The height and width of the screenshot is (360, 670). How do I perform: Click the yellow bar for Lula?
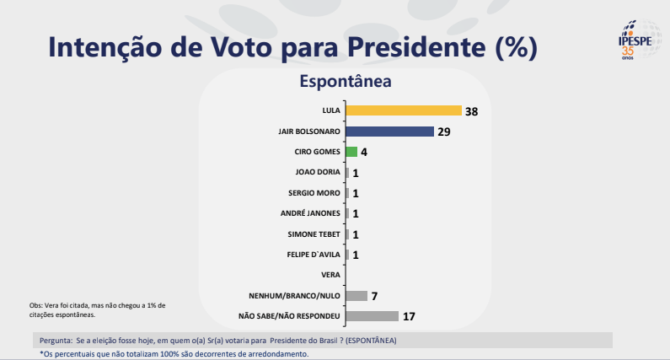(404, 110)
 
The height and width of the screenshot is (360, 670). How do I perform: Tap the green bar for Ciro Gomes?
(351, 152)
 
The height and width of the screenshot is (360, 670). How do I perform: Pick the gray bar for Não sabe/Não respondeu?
(372, 316)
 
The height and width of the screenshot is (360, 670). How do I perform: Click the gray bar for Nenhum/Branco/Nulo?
(356, 296)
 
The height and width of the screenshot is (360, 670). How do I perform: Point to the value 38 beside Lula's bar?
(471, 111)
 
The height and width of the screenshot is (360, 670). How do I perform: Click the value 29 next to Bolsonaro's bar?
(443, 132)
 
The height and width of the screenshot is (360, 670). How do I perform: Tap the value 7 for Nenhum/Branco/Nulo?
(374, 297)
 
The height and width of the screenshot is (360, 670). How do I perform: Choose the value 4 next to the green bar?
(365, 153)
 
